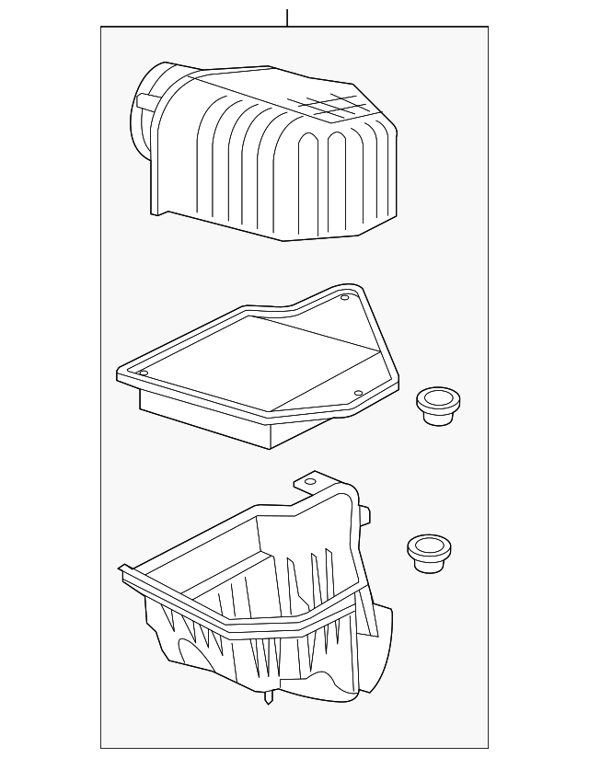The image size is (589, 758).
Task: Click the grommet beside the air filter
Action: click(438, 405)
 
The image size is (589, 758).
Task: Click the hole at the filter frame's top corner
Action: click(344, 298)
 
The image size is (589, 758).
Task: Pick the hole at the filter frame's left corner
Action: click(144, 373)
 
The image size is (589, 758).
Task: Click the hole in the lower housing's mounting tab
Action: click(310, 480)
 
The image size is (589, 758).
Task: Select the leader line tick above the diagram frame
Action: click(287, 17)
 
